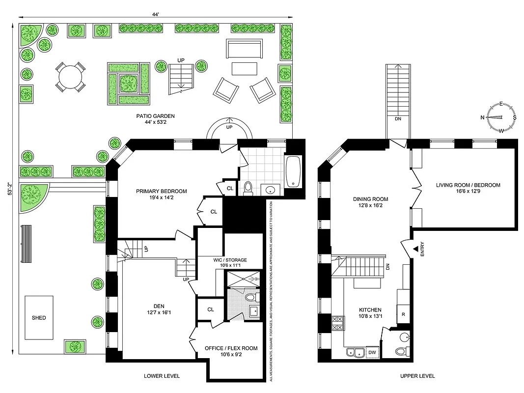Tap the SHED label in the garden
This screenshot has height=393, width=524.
point(39,318)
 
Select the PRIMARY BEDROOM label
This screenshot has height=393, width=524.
point(162,192)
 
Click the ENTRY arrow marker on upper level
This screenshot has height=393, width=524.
point(415,250)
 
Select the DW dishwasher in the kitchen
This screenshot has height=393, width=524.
point(372,352)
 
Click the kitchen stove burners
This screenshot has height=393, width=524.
point(338,323)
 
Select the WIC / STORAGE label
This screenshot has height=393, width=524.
point(230,260)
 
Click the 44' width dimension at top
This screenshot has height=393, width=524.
point(155,15)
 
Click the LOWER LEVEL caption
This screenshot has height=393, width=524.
point(162,376)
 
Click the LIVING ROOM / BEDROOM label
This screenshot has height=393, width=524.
point(468,185)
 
